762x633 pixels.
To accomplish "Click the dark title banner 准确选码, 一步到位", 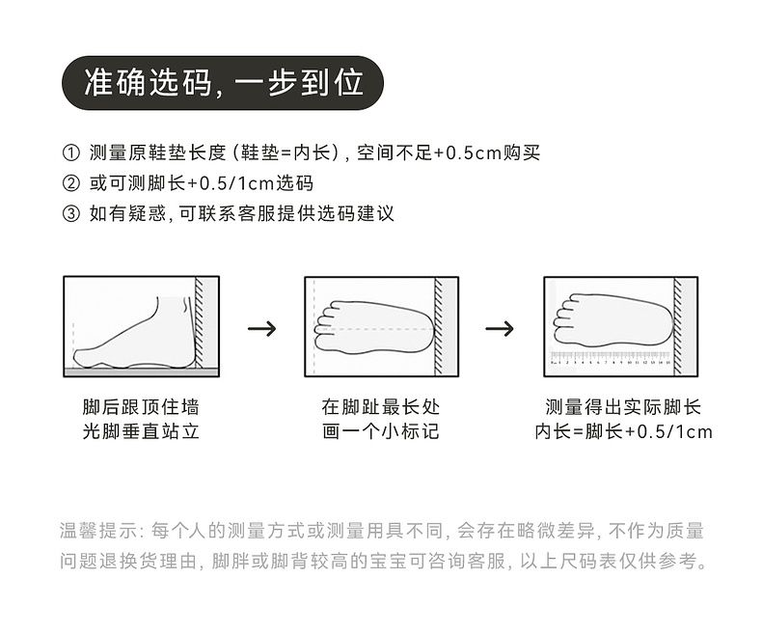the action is tap(223, 83).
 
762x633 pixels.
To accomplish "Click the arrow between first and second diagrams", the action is tap(261, 328).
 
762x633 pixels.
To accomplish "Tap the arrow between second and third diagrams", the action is tap(499, 328).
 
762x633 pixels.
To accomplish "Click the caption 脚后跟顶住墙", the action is tap(141, 407).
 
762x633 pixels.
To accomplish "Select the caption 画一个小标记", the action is tap(381, 431).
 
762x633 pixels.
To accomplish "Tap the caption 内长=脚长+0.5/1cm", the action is tap(623, 431).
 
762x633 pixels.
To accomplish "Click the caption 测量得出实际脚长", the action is tap(623, 407).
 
